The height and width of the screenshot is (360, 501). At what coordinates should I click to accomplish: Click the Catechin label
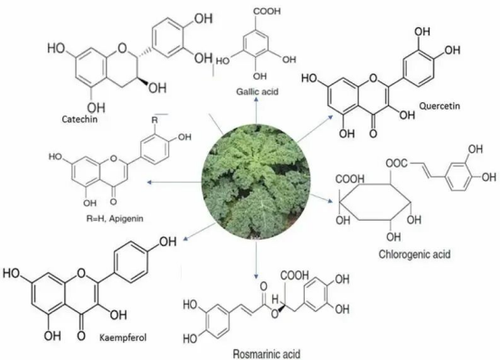point(80,118)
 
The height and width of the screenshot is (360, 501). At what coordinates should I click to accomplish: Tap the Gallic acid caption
point(257,91)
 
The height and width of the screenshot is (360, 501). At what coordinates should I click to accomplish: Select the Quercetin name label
point(440,106)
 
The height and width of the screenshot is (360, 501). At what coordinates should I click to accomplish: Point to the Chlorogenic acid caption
point(414,254)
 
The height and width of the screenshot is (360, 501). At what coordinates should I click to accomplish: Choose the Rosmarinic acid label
point(267,354)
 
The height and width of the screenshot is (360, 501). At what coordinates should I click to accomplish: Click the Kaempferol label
point(123,337)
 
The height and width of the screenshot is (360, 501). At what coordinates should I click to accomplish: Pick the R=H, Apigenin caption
point(115,219)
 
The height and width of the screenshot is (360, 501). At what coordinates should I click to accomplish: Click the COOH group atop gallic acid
point(267,11)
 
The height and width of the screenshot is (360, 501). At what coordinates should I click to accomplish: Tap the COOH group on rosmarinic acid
point(295,275)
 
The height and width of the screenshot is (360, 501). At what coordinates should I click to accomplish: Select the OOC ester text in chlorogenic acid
point(396,163)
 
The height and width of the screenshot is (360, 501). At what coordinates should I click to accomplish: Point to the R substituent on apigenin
point(155,120)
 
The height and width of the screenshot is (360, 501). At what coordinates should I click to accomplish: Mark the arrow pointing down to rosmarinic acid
point(256,260)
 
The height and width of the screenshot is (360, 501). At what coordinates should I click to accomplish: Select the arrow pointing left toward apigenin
point(175,182)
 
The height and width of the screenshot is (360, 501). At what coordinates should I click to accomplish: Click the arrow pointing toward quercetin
point(314,128)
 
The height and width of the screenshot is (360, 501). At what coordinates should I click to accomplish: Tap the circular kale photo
point(256,182)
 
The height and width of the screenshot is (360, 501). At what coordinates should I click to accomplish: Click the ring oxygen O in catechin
point(122,48)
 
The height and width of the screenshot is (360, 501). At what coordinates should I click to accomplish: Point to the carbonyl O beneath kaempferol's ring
point(81,336)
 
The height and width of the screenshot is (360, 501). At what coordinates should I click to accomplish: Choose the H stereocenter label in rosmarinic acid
point(275,299)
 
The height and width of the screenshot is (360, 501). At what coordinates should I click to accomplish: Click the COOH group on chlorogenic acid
point(350,179)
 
